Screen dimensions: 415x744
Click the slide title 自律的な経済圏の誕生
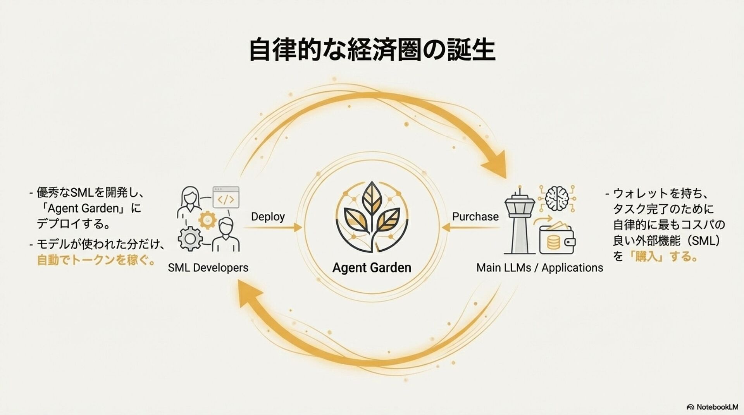tap(372, 50)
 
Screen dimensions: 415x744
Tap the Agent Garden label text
tap(372, 268)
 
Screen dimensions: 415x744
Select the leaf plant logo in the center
tap(372, 217)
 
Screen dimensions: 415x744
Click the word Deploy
tap(268, 216)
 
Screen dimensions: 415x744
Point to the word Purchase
tap(475, 216)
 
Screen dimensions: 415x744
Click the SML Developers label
tap(208, 268)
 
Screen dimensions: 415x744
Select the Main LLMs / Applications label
tap(539, 268)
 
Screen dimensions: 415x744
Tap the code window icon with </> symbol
tap(226, 197)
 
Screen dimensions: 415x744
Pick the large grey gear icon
tap(190, 238)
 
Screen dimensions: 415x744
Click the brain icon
tap(556, 197)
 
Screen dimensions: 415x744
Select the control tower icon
tap(520, 221)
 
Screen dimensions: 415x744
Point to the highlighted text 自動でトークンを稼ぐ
tap(95, 259)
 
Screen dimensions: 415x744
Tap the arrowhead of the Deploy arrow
tap(298, 228)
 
